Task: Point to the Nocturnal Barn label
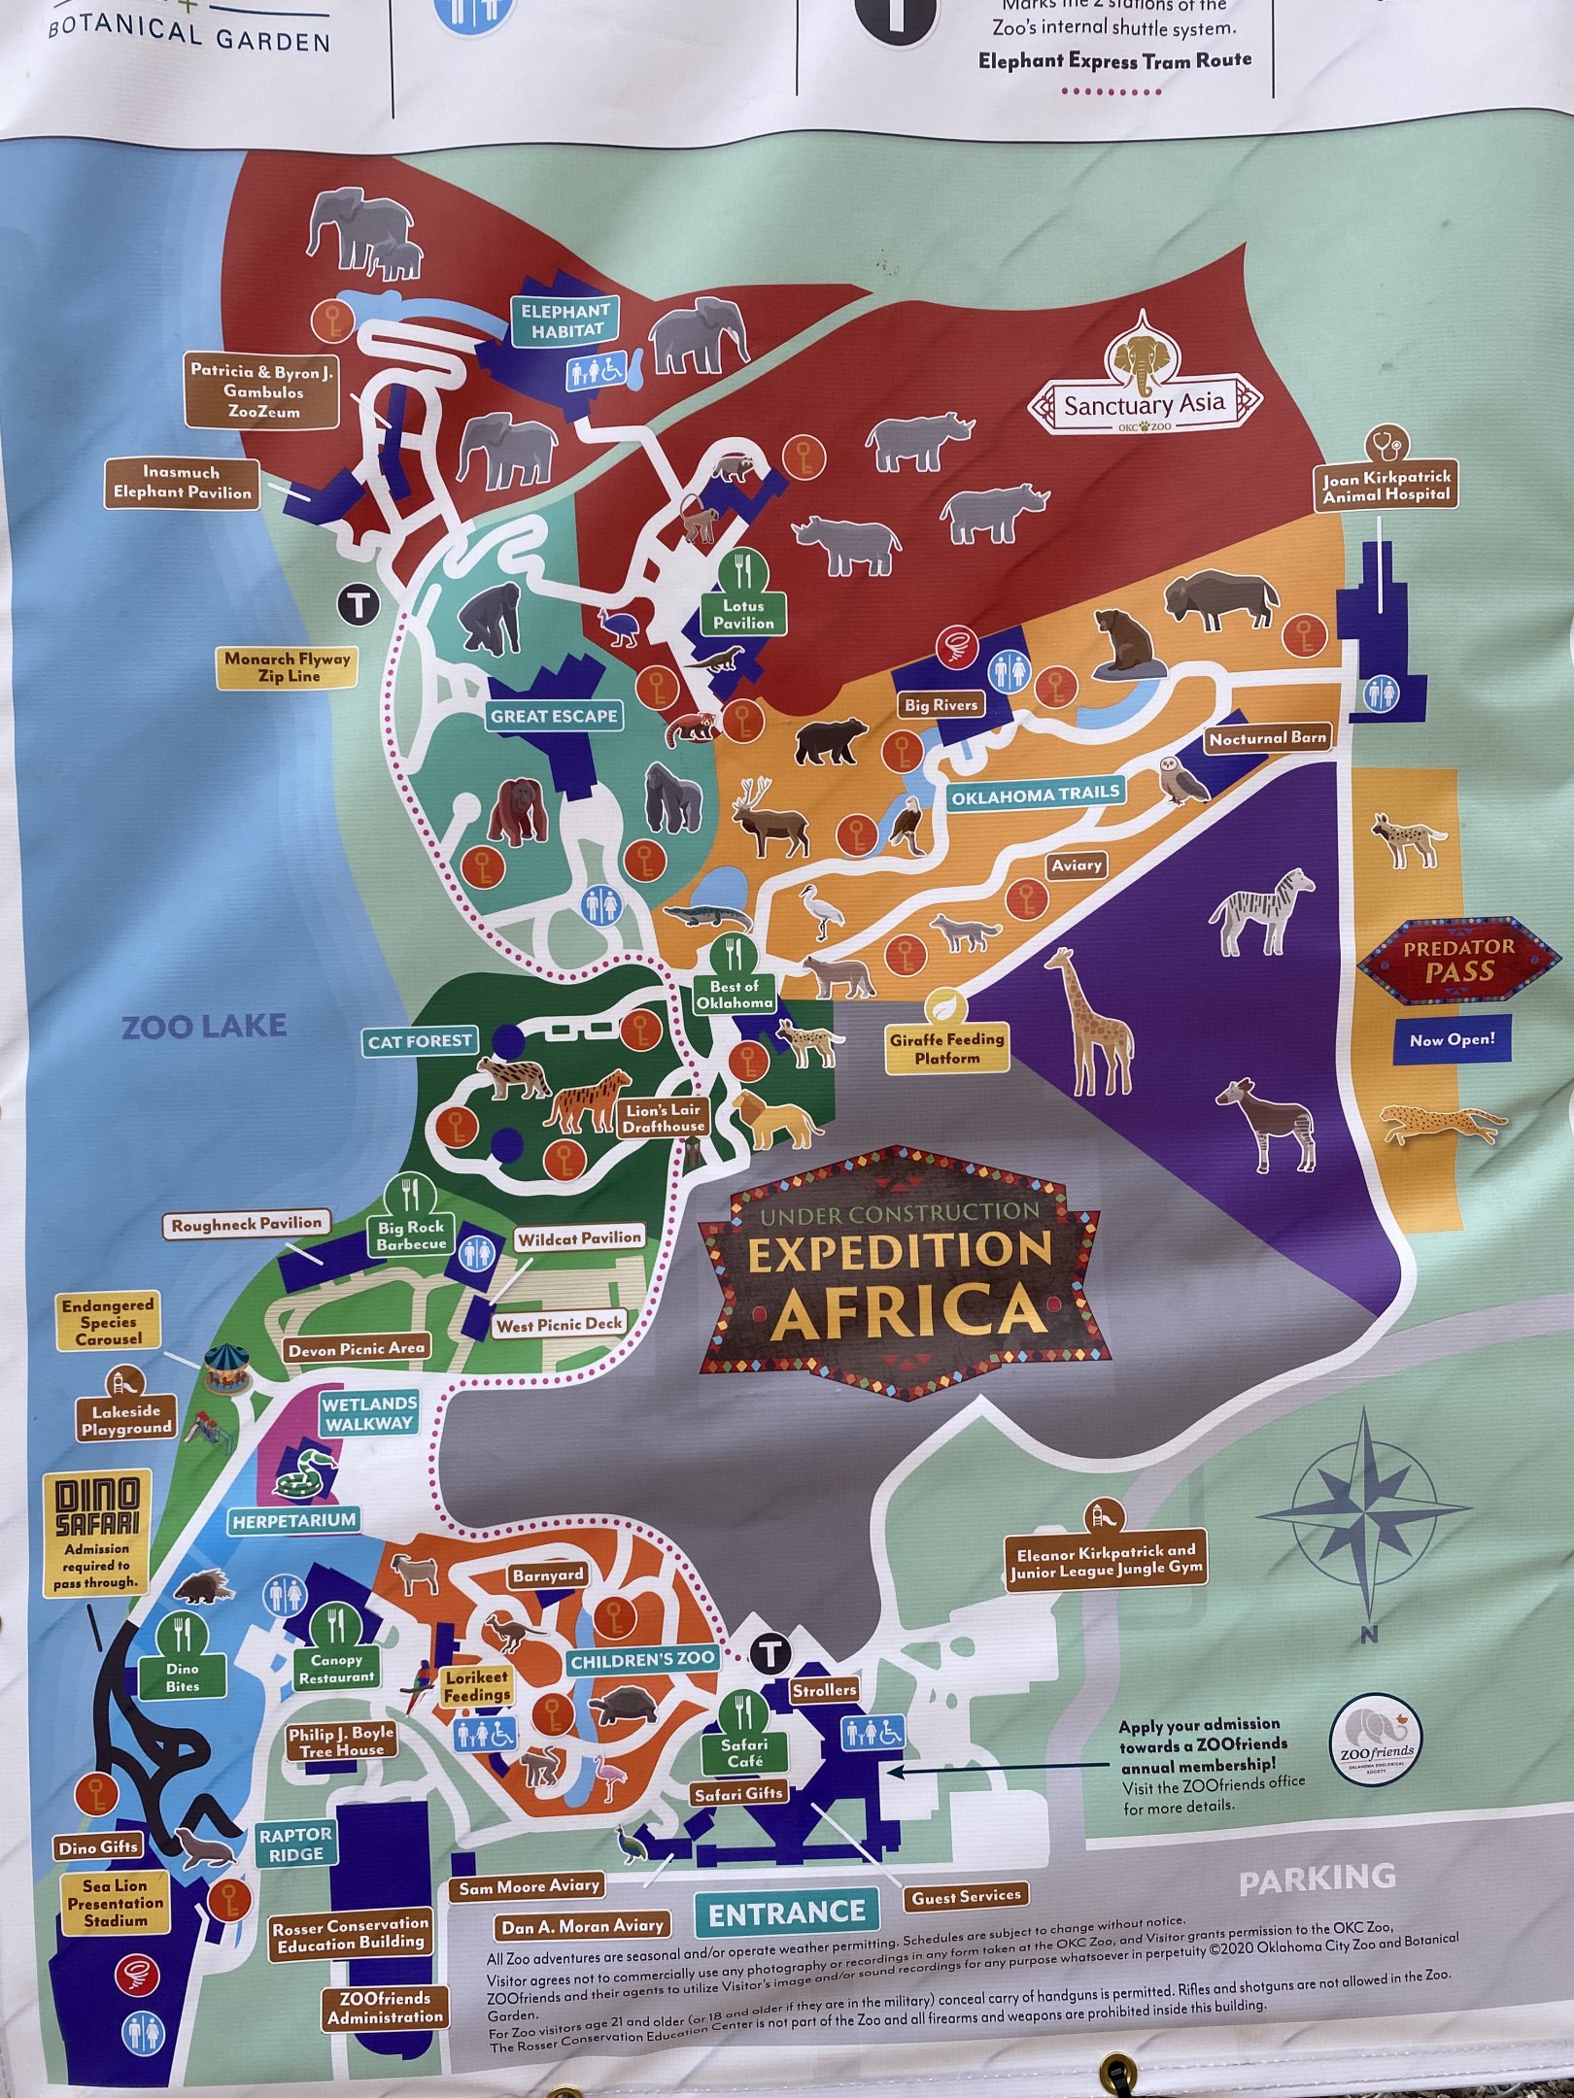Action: [1267, 738]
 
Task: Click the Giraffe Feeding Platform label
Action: [946, 1048]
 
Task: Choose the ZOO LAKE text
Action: [204, 1026]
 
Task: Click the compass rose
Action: [1364, 1512]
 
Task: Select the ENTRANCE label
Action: [786, 1914]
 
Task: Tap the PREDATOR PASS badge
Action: [1457, 960]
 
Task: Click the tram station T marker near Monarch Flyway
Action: [359, 606]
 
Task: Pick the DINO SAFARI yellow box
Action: [97, 1534]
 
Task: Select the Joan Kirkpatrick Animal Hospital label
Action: [1386, 486]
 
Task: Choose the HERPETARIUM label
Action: [293, 1520]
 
